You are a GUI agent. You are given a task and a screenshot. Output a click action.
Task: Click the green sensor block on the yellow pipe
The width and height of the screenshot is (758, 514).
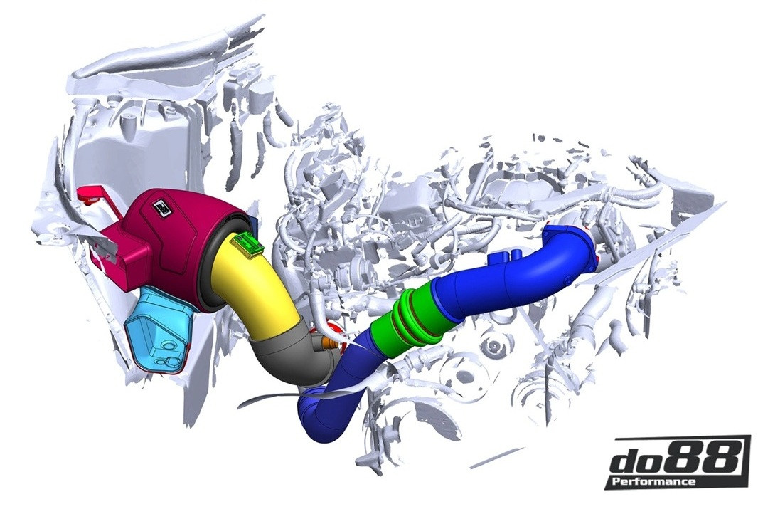(x=247, y=243)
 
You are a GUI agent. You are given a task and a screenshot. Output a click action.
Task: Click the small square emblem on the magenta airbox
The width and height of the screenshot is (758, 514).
(x=160, y=208)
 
